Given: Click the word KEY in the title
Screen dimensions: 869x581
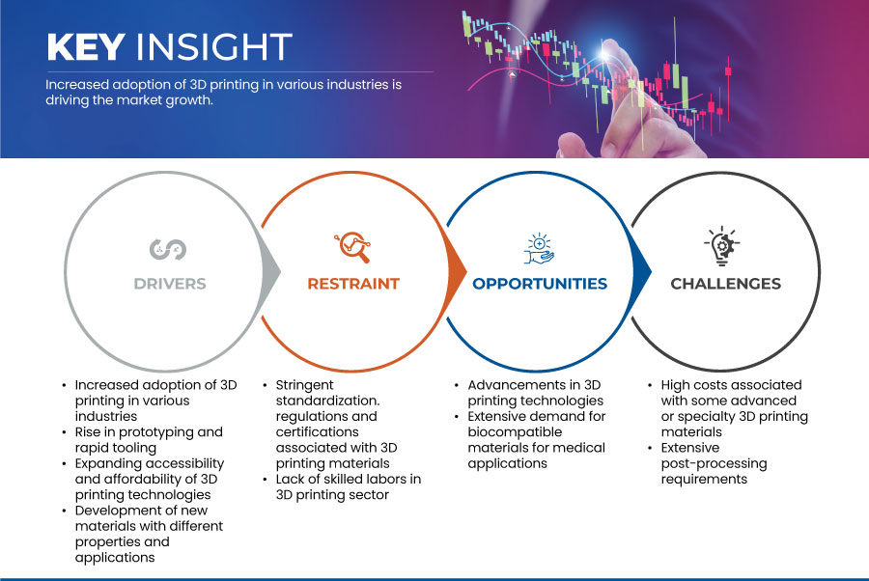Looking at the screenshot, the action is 86,46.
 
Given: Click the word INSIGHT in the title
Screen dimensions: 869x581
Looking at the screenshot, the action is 214,46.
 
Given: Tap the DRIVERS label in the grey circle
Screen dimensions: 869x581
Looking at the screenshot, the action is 170,284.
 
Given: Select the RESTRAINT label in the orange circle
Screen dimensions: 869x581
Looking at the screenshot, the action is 353,284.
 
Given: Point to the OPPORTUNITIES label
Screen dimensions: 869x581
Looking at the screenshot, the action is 540,284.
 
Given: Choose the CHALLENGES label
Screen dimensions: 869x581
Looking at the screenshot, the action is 725,284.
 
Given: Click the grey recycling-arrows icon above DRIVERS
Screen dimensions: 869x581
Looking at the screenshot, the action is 168,249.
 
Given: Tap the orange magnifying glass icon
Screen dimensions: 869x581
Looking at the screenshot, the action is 352,247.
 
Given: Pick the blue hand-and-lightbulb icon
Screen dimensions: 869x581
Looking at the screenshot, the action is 539,249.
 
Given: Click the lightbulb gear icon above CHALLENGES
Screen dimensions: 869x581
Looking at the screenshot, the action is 722,246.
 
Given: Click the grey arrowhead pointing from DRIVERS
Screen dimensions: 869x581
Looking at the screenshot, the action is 271,271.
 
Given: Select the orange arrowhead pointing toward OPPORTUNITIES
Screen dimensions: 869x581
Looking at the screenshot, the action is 457,271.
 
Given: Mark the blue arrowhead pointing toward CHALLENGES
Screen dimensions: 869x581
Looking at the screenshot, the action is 642,271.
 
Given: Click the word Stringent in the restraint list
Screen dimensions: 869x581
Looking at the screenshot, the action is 305,385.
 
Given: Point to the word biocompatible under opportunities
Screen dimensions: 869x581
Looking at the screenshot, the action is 515,432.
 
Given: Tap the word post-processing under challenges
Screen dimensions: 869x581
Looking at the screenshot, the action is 714,463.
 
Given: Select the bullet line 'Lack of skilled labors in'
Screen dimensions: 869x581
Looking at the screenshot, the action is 348,479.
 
